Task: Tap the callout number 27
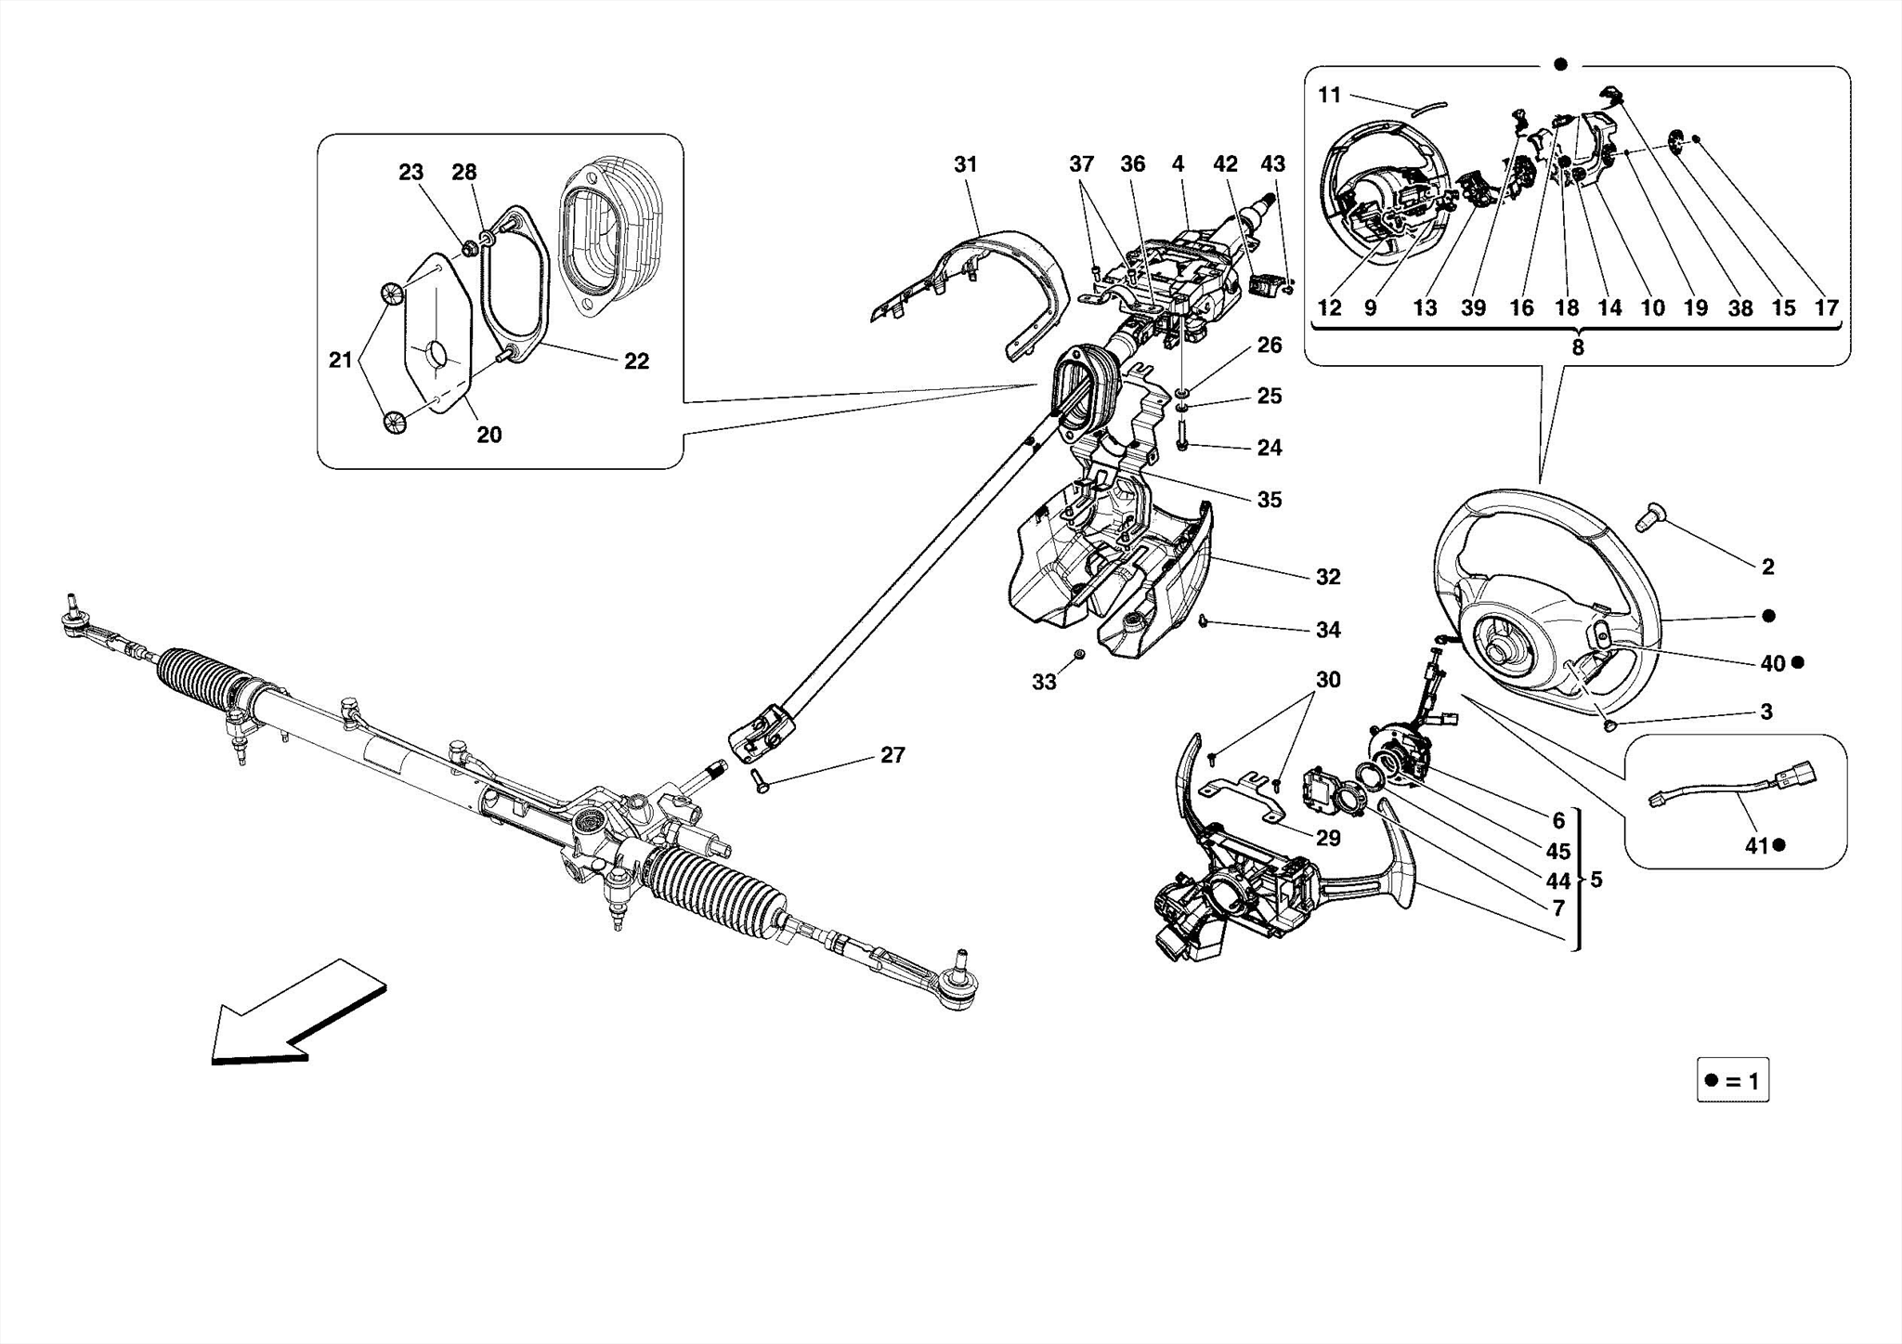(892, 755)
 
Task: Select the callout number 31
(966, 164)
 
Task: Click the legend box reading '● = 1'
(1732, 1081)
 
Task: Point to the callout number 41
(1756, 845)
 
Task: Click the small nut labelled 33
(1079, 656)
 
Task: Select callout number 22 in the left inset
(636, 361)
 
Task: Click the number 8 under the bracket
(1577, 347)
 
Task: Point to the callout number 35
(1269, 500)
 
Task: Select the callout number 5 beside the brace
(1596, 879)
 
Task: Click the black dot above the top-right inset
(1560, 64)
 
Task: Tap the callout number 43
(1272, 164)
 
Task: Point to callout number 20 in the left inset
(489, 435)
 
